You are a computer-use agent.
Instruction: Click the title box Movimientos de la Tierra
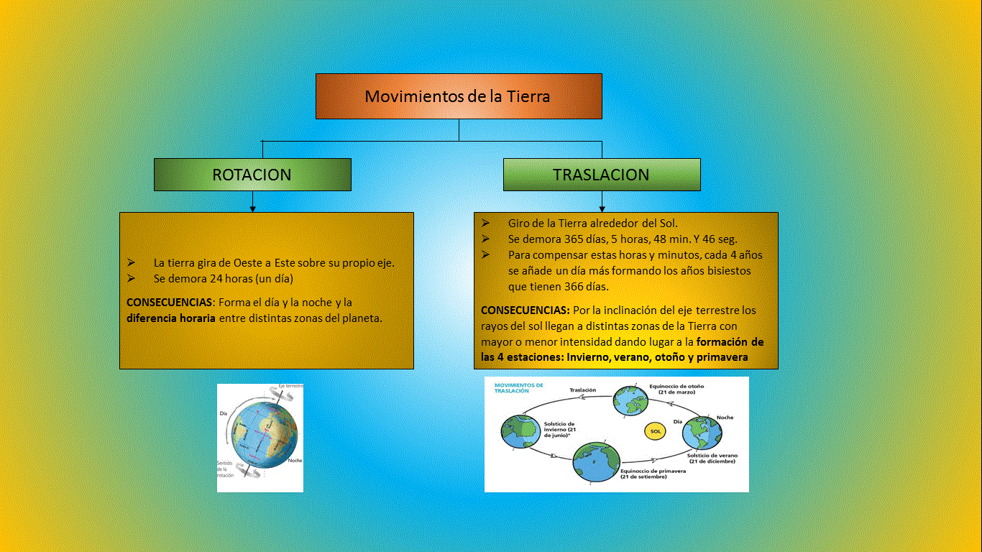point(458,96)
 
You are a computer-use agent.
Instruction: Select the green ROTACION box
point(252,175)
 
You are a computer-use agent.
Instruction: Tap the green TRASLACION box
point(601,175)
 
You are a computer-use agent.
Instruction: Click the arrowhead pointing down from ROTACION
point(252,208)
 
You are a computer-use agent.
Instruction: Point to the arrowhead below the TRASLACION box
point(602,208)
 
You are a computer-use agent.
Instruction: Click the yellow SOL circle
point(655,431)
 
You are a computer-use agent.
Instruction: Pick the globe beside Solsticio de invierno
point(519,431)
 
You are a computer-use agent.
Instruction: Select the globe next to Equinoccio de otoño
point(630,401)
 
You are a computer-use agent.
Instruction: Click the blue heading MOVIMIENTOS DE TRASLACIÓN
point(518,388)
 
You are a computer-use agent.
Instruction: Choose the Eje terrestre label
point(290,387)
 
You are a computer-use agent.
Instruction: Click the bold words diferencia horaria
point(171,318)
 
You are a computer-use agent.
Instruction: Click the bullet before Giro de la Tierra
point(486,223)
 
